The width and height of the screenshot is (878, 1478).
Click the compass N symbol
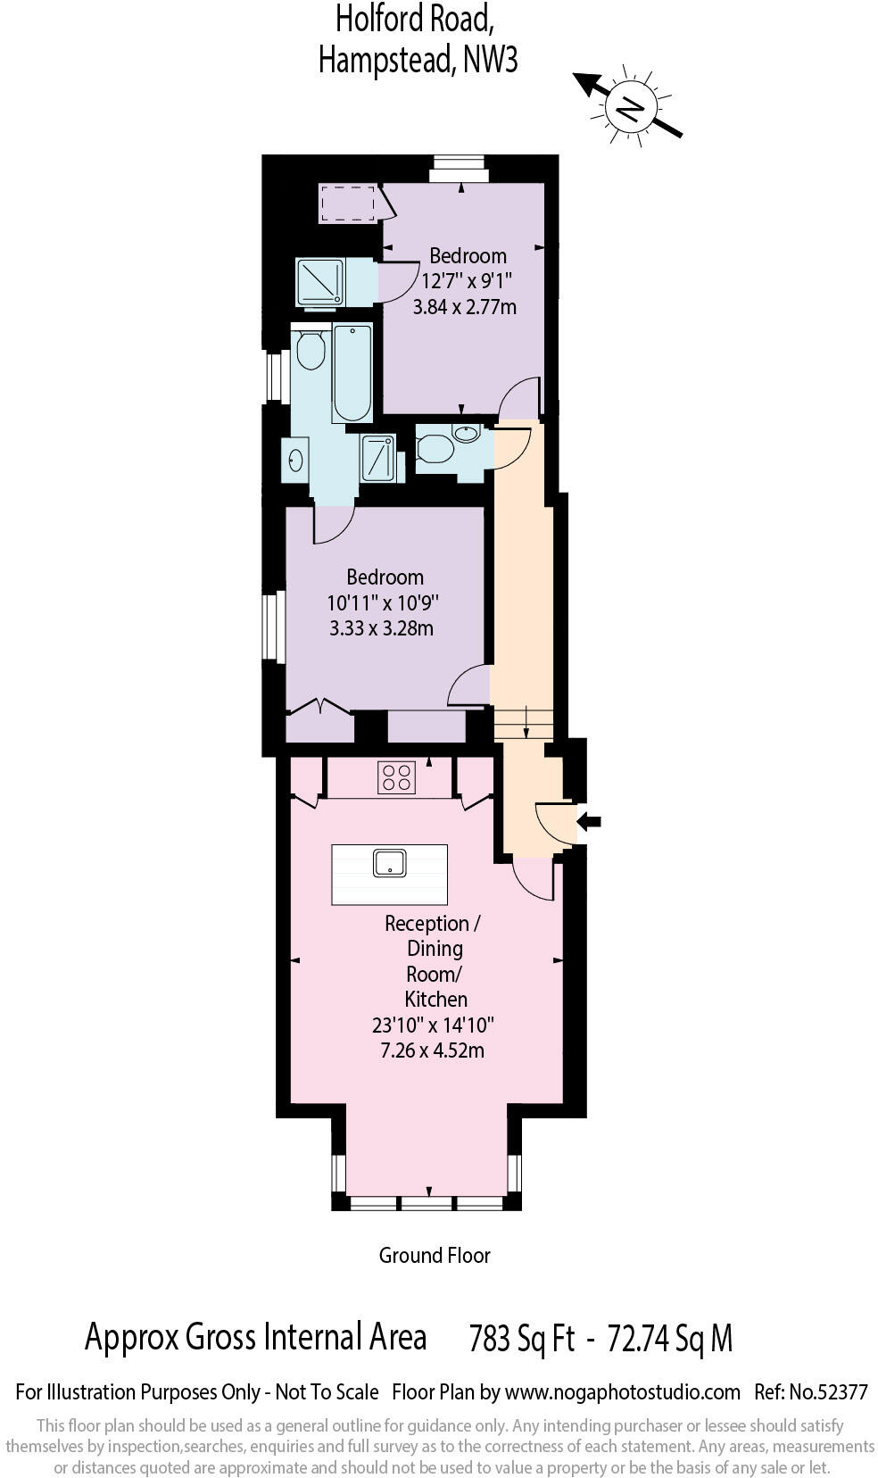630,108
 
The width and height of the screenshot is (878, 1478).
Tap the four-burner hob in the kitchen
397,776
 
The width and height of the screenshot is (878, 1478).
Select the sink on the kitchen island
390,864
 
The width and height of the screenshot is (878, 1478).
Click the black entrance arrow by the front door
589,821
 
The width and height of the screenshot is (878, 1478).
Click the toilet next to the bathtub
310,350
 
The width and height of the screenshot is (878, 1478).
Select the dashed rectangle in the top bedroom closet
347,203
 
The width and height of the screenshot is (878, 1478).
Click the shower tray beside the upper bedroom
319,282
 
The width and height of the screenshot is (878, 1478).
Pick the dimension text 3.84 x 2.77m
464,307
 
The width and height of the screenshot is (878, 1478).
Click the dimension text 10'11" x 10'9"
384,602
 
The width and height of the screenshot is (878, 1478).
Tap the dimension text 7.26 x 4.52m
433,1050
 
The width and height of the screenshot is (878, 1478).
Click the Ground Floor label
435,1255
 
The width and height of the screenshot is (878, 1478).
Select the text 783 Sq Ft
521,1339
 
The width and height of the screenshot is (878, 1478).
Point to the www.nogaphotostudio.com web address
622,1391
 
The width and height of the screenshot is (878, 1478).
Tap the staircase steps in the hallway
524,723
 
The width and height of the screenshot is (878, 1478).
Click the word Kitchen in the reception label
435,999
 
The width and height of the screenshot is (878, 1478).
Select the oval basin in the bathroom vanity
295,461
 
